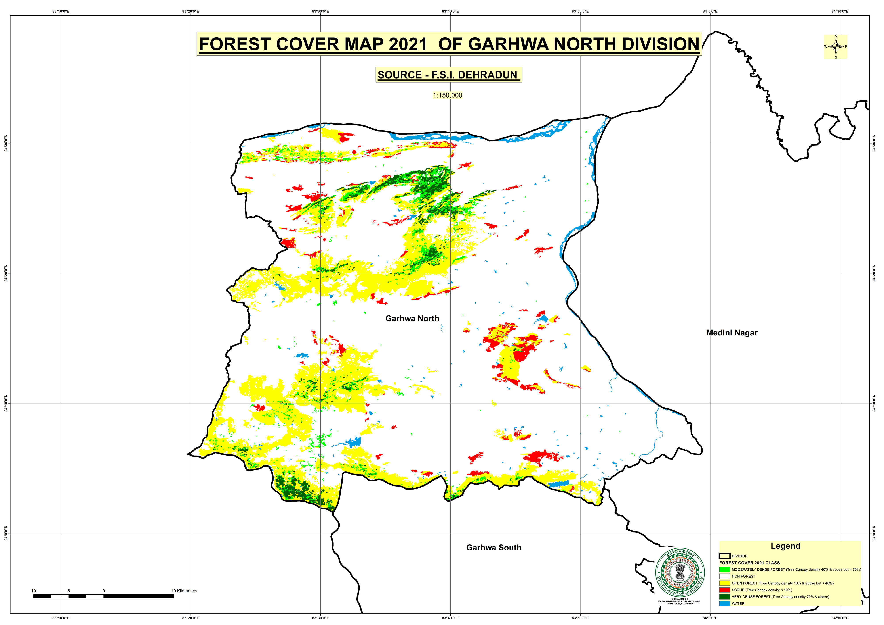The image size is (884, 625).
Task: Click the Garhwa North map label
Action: point(412,319)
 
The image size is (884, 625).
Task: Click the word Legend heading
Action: point(785,546)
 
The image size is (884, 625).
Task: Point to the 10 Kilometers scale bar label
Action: point(184,591)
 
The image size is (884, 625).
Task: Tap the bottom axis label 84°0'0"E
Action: point(710,618)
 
